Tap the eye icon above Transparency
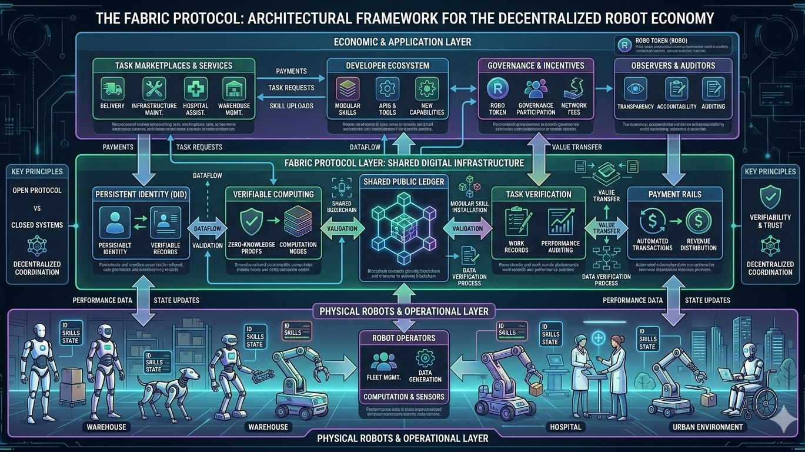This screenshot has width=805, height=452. pyautogui.click(x=635, y=88)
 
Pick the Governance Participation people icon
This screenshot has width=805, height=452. pyautogui.click(x=536, y=88)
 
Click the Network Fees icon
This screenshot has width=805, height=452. pyautogui.click(x=574, y=88)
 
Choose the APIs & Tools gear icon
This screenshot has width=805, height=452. pyautogui.click(x=386, y=88)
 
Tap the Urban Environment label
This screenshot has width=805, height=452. pyautogui.click(x=705, y=427)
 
